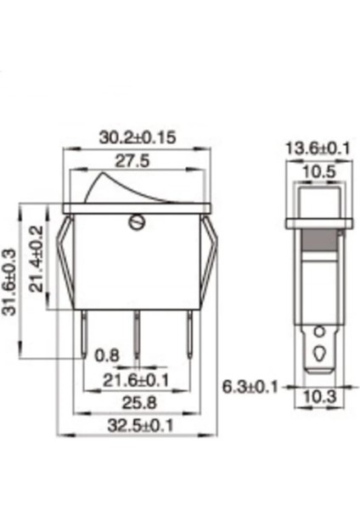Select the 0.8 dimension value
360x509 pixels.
tap(107, 355)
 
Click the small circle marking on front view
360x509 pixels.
tap(135, 224)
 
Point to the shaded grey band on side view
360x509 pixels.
tap(319, 239)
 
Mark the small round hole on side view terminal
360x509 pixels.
tap(319, 331)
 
